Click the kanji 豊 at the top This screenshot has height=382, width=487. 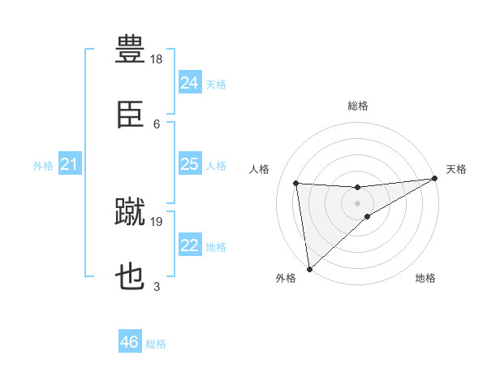pyautogui.click(x=130, y=49)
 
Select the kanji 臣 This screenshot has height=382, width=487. pyautogui.click(x=131, y=114)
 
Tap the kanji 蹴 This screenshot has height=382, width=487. pyautogui.click(x=130, y=211)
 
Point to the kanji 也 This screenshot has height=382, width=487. pyautogui.click(x=130, y=276)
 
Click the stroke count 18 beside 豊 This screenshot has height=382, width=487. pyautogui.click(x=156, y=59)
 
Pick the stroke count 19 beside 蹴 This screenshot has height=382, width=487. pyautogui.click(x=156, y=222)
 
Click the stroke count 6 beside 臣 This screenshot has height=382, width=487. pyautogui.click(x=157, y=124)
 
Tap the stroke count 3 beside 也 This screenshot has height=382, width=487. pyautogui.click(x=157, y=287)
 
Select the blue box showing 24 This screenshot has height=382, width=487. pyautogui.click(x=190, y=82)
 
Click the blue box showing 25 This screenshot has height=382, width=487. pyautogui.click(x=190, y=163)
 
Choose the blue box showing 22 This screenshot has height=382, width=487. pyautogui.click(x=190, y=244)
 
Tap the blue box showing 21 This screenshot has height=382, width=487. pyautogui.click(x=70, y=163)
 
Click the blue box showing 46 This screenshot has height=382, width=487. pyautogui.click(x=130, y=341)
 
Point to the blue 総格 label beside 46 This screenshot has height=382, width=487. pyautogui.click(x=156, y=344)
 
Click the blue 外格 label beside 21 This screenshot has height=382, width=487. pyautogui.click(x=43, y=166)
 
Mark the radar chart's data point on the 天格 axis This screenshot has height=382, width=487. pyautogui.click(x=434, y=178)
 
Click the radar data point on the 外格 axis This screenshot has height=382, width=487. pyautogui.click(x=309, y=269)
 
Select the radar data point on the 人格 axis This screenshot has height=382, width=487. pyautogui.click(x=296, y=183)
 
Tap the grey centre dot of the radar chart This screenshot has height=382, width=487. pyautogui.click(x=357, y=203)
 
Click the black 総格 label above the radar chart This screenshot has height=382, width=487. pyautogui.click(x=358, y=106)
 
